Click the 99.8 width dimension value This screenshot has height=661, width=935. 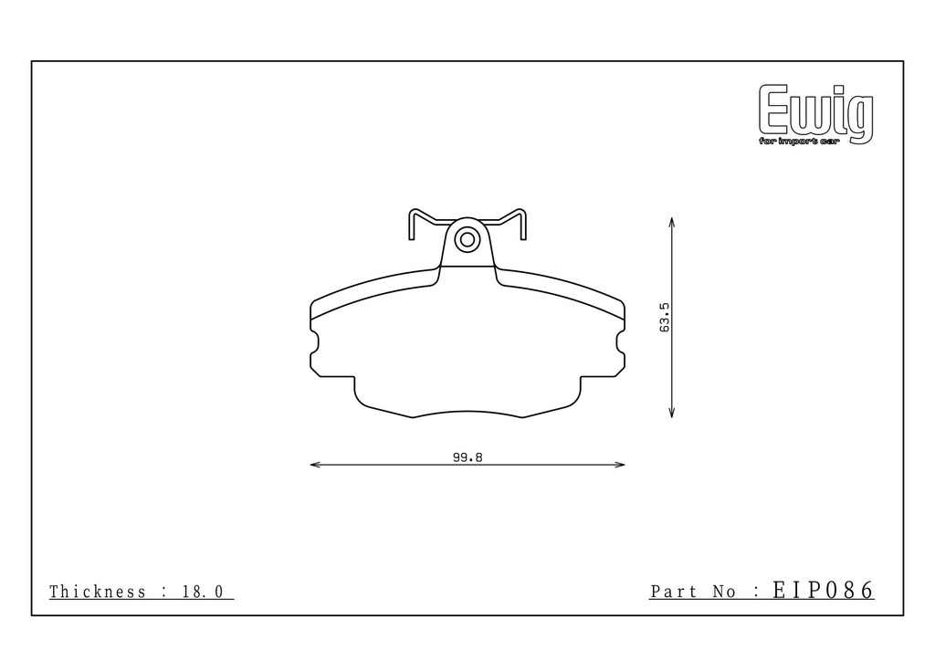tap(467, 457)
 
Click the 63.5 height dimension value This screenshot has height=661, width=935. tap(665, 317)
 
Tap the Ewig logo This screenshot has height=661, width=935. tap(816, 114)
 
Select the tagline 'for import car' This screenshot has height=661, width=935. tap(798, 142)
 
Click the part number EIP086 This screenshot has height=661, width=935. tap(824, 590)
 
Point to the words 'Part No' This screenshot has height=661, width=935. tap(692, 592)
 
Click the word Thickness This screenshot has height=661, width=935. tap(97, 592)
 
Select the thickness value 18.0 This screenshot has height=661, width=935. tap(203, 592)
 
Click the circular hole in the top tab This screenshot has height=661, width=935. tap(467, 240)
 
